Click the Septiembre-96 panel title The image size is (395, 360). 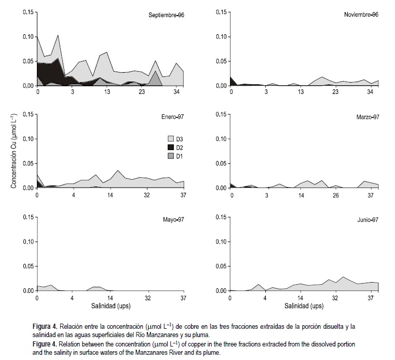click(166, 15)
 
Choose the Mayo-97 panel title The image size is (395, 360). click(173, 220)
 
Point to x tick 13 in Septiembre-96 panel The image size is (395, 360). click(107, 92)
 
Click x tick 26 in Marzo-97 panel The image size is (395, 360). click(335, 195)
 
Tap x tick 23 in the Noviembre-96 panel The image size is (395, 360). click(335, 92)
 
